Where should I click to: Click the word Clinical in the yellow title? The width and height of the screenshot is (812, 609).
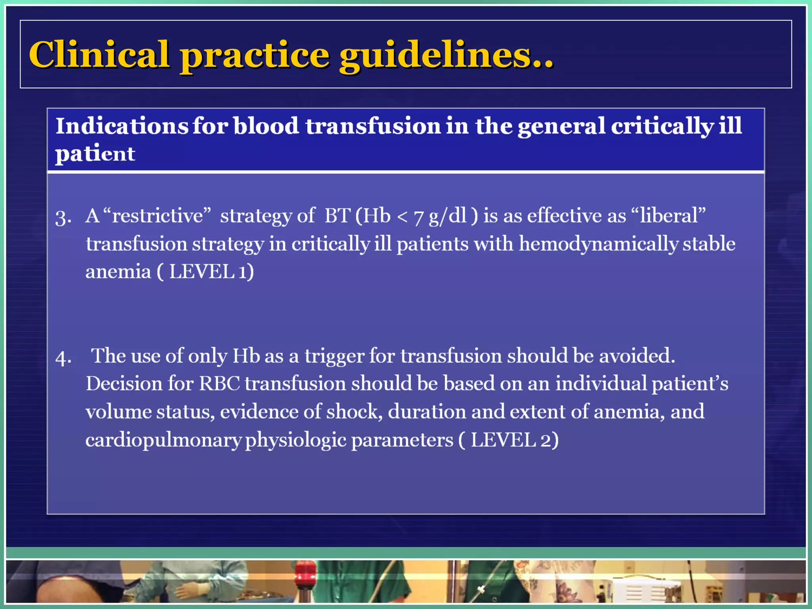99,55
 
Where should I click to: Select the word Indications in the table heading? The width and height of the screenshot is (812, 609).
121,126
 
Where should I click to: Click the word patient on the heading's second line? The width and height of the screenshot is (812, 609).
95,154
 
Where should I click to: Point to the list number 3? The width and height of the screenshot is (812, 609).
63,218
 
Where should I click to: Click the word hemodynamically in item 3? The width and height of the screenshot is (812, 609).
599,243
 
